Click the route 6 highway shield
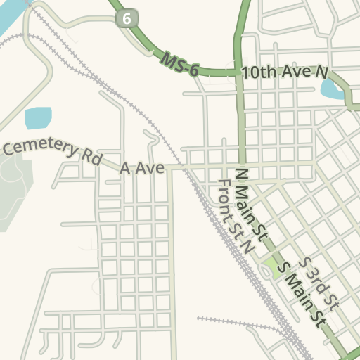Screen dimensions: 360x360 (x=127, y=19)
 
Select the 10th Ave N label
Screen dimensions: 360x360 (x=285, y=72)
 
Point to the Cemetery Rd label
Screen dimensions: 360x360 (x=52, y=150)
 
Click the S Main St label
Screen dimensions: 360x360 (x=302, y=294)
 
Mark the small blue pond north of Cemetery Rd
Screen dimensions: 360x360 (x=39, y=117)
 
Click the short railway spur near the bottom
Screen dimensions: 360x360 (x=232, y=322)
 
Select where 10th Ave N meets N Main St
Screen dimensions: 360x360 (x=238, y=72)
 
